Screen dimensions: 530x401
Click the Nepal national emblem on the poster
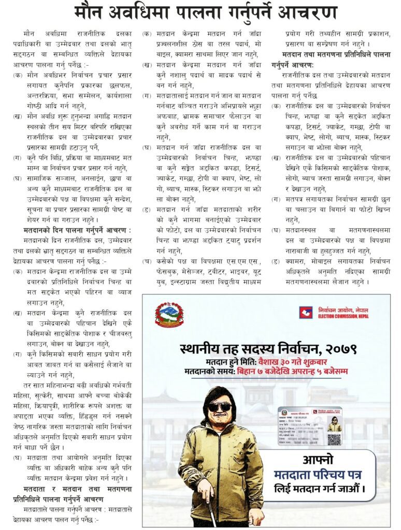(169, 315)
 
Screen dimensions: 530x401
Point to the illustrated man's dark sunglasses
(220, 407)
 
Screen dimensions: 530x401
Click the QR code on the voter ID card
(334, 439)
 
